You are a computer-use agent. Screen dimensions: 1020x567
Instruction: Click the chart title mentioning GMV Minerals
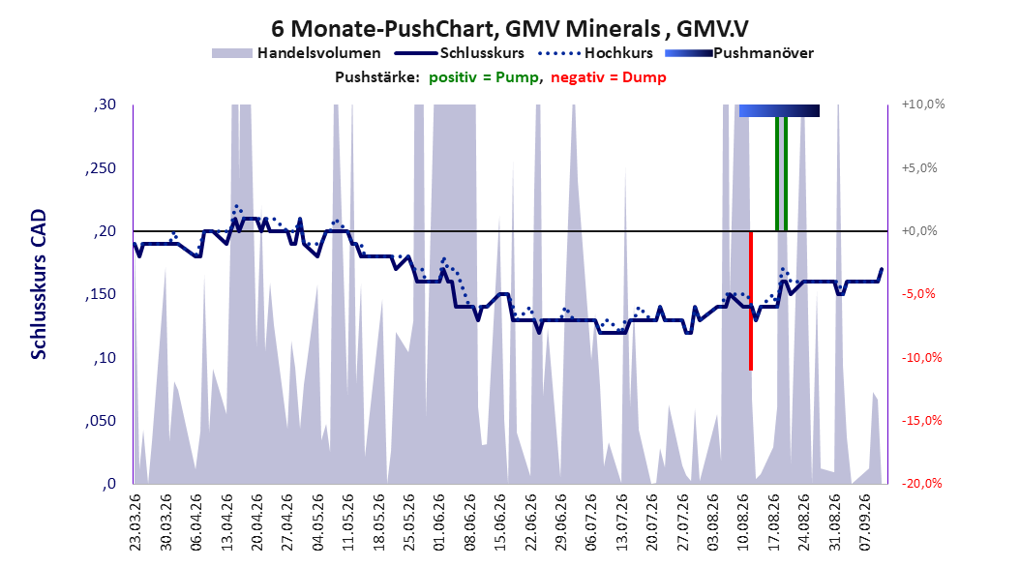click(x=509, y=29)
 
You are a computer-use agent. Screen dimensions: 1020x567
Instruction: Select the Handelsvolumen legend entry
click(x=297, y=53)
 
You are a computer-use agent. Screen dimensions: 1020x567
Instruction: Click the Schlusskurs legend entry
click(x=460, y=53)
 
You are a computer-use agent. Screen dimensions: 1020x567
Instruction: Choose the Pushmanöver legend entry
click(x=739, y=53)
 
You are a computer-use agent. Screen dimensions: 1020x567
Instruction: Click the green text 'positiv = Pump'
click(x=483, y=77)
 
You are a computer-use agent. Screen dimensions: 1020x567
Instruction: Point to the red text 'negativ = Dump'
click(x=609, y=77)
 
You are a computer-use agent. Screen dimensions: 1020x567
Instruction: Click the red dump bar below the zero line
click(x=751, y=300)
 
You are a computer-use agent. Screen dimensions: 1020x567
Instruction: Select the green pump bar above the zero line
click(x=781, y=173)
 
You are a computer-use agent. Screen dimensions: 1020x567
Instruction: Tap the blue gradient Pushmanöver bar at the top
click(x=779, y=110)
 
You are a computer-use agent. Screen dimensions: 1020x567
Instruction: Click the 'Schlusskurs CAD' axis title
click(x=39, y=284)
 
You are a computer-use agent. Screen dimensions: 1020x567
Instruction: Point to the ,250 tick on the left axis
click(x=101, y=167)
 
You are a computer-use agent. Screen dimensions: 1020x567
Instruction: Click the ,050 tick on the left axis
click(x=101, y=421)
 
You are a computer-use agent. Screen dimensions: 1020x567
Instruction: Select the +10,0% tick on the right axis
click(x=923, y=104)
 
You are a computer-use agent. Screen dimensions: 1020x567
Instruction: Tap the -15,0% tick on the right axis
click(x=921, y=421)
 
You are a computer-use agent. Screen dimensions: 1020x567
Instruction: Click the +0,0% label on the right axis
click(x=919, y=231)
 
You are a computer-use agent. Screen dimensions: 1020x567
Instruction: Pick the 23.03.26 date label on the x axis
click(x=135, y=522)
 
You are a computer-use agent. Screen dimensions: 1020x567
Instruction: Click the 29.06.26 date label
click(x=560, y=522)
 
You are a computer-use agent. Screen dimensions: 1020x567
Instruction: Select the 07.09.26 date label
click(x=864, y=522)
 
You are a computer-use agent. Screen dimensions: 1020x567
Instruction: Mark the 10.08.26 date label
click(x=743, y=522)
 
